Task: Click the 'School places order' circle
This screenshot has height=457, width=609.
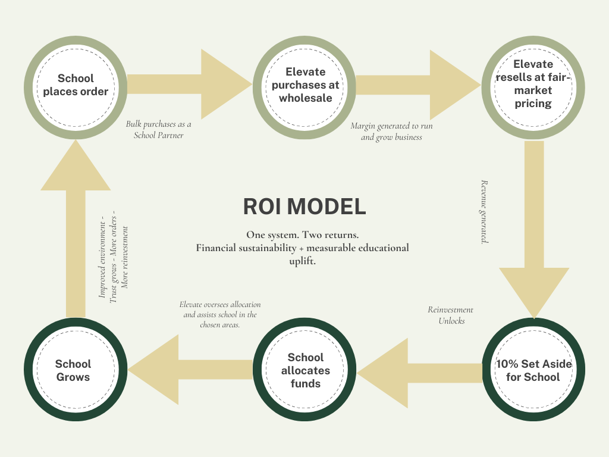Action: click(76, 85)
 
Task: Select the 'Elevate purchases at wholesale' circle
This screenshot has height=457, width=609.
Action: click(305, 85)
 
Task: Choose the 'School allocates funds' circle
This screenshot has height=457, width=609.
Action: click(305, 370)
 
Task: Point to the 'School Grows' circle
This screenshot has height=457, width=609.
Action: click(73, 370)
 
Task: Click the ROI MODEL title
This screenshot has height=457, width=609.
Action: click(304, 206)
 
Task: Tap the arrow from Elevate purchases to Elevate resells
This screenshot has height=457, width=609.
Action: click(416, 84)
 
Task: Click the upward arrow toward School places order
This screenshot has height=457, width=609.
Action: click(76, 226)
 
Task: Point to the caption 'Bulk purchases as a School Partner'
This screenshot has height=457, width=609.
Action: click(158, 130)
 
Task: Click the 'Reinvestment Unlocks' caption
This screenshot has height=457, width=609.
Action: click(451, 315)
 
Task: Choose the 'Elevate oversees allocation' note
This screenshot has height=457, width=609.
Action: click(220, 315)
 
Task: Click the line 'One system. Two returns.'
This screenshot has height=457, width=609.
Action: click(302, 234)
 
